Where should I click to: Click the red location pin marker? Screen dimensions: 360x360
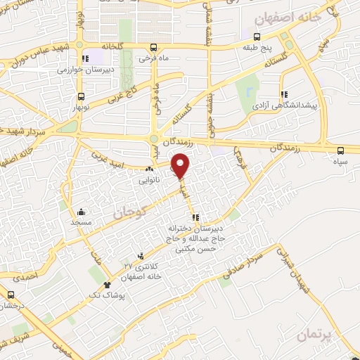tap(181, 165)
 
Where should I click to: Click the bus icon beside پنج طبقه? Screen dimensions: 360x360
tap(258, 37)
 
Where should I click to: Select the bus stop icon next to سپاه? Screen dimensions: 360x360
tap(341, 150)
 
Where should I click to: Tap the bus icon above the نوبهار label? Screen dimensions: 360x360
tap(82, 96)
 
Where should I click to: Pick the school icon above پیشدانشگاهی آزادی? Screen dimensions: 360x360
tap(284, 94)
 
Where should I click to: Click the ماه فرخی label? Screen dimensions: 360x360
tap(154, 58)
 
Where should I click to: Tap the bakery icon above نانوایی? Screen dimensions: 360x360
tap(148, 169)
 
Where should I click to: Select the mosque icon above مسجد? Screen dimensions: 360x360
tap(82, 212)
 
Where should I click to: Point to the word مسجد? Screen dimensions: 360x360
tap(82, 222)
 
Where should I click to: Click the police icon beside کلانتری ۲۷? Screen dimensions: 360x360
tap(141, 255)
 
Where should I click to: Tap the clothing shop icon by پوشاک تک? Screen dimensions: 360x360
tap(107, 285)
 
